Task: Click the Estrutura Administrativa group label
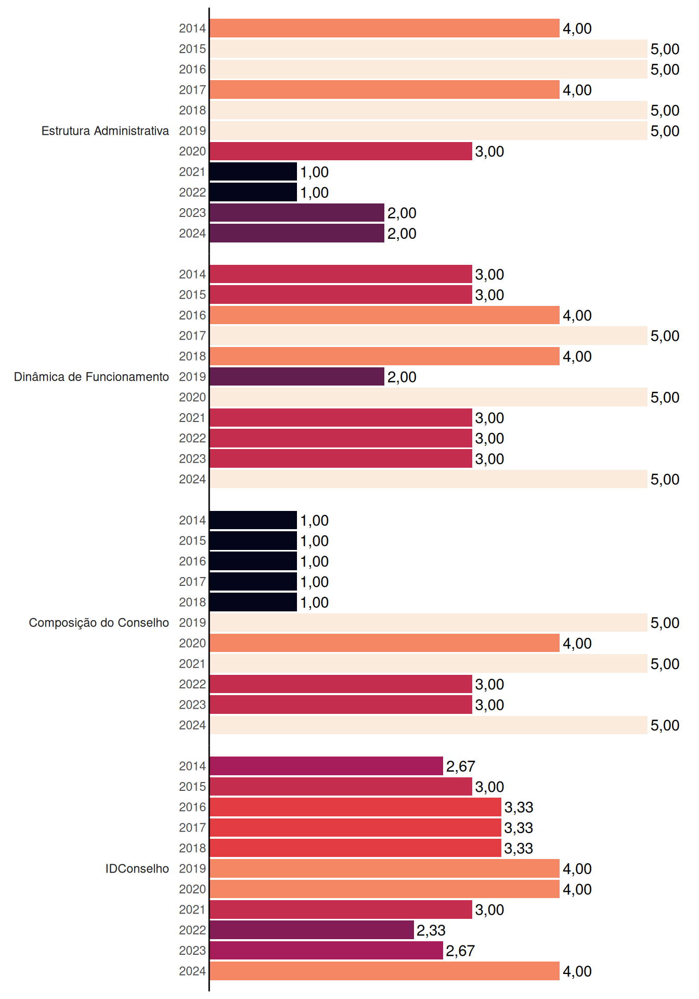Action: click(105, 131)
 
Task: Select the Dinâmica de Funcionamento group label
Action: click(92, 377)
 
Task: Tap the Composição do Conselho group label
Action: click(99, 623)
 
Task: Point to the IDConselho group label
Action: click(137, 868)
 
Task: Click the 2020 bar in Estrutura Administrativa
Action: click(341, 151)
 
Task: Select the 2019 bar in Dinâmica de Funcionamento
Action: click(297, 377)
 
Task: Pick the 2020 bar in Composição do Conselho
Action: click(384, 643)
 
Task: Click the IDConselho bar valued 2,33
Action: click(312, 930)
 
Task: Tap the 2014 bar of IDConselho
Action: click(326, 766)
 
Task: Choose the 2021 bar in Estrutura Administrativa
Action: click(253, 172)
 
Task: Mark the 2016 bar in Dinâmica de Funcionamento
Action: click(384, 315)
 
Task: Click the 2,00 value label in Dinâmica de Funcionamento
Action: click(402, 377)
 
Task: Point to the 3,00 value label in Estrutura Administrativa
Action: click(489, 151)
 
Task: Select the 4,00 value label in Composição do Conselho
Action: click(577, 643)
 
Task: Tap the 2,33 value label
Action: click(431, 930)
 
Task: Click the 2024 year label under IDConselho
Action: click(192, 971)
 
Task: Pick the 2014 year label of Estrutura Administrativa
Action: click(192, 29)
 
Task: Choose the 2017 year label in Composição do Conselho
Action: click(192, 582)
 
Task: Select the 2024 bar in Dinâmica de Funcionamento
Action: click(429, 479)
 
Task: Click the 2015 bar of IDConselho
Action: click(341, 787)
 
